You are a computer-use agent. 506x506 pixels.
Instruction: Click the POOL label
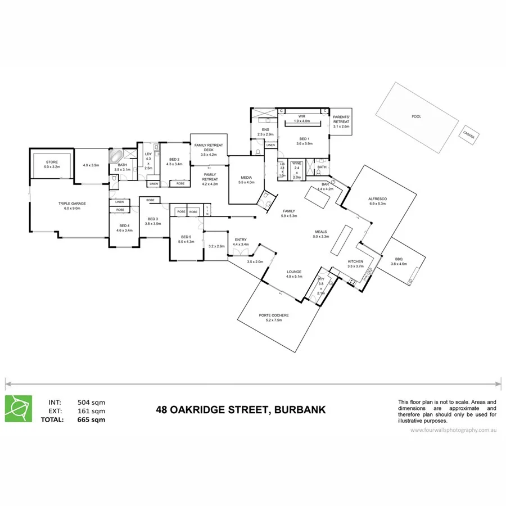pyautogui.click(x=416, y=116)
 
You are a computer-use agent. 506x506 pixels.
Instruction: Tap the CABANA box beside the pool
pyautogui.click(x=469, y=134)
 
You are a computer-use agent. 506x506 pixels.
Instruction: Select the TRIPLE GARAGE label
pyautogui.click(x=69, y=203)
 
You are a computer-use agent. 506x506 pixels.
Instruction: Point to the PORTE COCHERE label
pyautogui.click(x=274, y=315)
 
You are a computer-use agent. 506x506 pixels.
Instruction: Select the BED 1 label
pyautogui.click(x=304, y=139)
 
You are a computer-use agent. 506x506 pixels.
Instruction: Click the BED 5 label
pyautogui.click(x=186, y=237)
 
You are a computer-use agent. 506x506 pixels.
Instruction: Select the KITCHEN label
pyautogui.click(x=355, y=261)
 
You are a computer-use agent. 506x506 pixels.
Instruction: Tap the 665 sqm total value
pyautogui.click(x=91, y=419)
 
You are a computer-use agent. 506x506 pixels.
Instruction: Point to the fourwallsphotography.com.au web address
pyautogui.click(x=453, y=430)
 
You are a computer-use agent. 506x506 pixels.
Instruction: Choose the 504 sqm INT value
pyautogui.click(x=91, y=402)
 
